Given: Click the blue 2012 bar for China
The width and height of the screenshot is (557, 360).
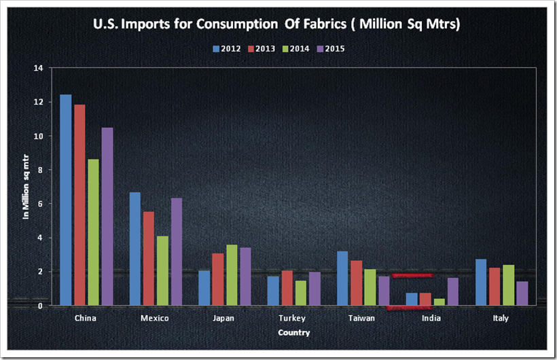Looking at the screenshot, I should (66, 200).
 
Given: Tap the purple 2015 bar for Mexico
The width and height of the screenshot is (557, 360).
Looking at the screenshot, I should (176, 251).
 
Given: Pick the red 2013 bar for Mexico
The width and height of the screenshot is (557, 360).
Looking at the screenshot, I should (149, 258).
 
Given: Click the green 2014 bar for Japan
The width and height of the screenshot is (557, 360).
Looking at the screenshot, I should (232, 275).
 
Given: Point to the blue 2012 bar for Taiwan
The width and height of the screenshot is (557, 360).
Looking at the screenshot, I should (342, 278).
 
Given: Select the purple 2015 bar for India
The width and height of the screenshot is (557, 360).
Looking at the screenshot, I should (453, 291).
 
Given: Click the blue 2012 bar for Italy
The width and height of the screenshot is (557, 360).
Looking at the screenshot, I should (481, 283).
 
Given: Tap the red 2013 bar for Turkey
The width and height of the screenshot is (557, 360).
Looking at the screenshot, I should (287, 288).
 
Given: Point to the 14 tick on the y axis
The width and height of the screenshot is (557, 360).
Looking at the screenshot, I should (38, 68).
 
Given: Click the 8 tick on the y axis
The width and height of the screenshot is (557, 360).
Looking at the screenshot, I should (40, 170).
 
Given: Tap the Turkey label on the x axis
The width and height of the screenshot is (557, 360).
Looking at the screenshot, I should (293, 318).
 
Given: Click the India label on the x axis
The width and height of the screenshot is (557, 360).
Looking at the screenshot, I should (431, 318).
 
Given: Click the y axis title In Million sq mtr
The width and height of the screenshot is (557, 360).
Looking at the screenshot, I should (26, 187).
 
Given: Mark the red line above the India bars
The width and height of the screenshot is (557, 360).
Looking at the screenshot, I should (412, 275).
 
